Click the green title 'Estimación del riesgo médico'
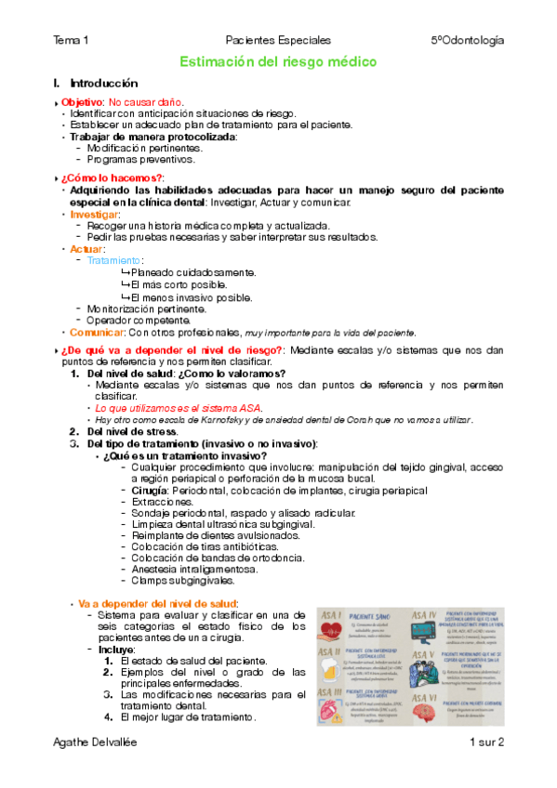[x=278, y=62]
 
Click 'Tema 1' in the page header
[x=72, y=40]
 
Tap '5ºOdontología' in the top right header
[x=467, y=40]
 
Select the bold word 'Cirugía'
[x=149, y=489]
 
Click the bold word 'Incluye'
[x=117, y=649]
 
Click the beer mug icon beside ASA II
[x=332, y=669]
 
